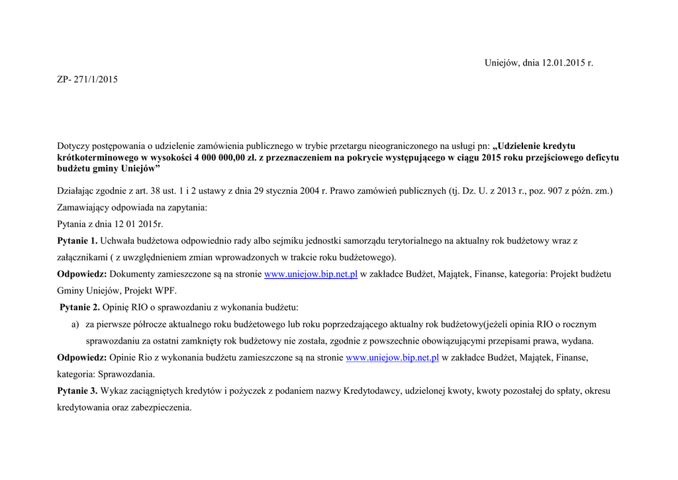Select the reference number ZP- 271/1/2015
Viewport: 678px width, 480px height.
tap(87, 79)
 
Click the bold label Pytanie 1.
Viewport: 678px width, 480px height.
tap(77, 241)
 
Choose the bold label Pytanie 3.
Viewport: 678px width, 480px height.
tap(77, 391)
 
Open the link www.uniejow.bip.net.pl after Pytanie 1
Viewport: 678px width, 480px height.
tap(311, 274)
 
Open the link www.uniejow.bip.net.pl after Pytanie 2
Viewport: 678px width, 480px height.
tap(393, 358)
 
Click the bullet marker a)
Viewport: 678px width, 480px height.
tap(75, 324)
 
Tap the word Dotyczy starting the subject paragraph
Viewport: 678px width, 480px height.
tap(73, 146)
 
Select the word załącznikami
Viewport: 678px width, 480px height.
tap(83, 257)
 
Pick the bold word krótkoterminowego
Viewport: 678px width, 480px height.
tap(97, 158)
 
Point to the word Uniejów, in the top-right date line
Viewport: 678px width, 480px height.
tap(502, 63)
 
